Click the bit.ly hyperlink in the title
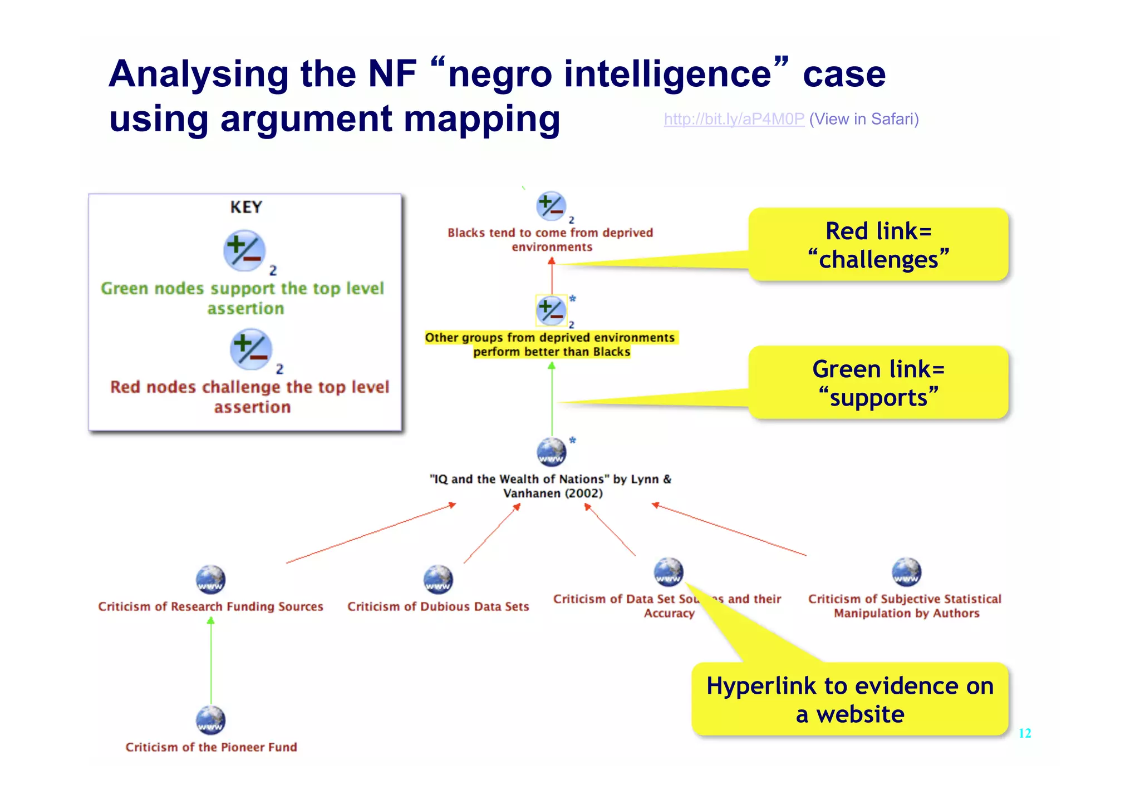(x=734, y=119)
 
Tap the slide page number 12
(x=1024, y=733)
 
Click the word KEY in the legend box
(x=245, y=207)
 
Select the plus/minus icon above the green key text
(x=244, y=250)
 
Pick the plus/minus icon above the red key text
(x=250, y=349)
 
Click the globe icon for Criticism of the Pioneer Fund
(x=210, y=720)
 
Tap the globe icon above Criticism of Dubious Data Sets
(x=438, y=579)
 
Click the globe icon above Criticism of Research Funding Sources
(x=210, y=579)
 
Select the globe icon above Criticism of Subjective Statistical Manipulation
(x=906, y=572)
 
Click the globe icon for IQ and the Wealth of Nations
(x=551, y=452)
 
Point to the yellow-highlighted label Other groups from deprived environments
(x=551, y=344)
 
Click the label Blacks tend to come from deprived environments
(x=551, y=240)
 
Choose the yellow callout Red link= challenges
(x=878, y=245)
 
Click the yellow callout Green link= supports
(x=878, y=383)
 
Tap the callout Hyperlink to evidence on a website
(x=850, y=699)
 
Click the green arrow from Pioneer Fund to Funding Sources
(x=211, y=662)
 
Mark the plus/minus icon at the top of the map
(x=551, y=206)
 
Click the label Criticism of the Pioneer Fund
(x=211, y=747)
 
